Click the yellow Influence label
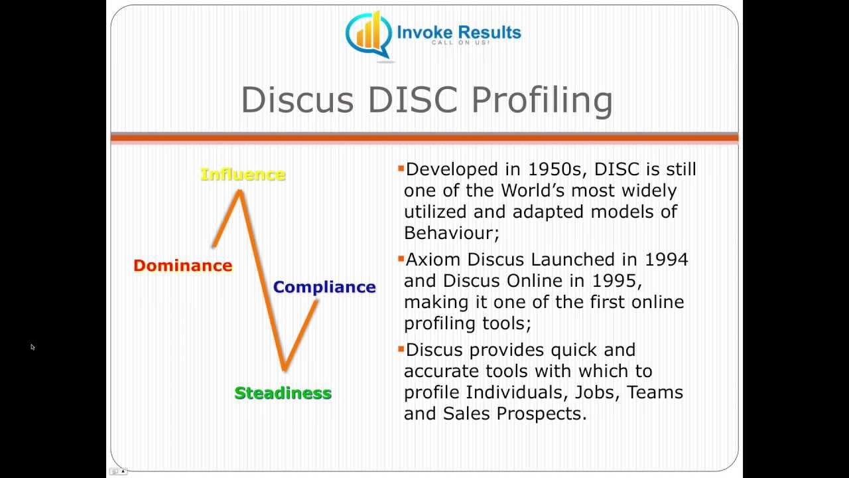[x=243, y=175]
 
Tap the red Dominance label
[x=182, y=266]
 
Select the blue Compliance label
[x=324, y=287]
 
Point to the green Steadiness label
[x=283, y=393]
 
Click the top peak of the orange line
[x=239, y=192]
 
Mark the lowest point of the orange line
[x=284, y=368]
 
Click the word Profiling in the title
[x=542, y=100]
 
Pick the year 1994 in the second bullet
[x=666, y=259]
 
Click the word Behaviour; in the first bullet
[x=451, y=233]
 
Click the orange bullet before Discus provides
[x=401, y=348]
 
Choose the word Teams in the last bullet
[x=655, y=392]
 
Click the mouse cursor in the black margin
[x=32, y=346]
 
